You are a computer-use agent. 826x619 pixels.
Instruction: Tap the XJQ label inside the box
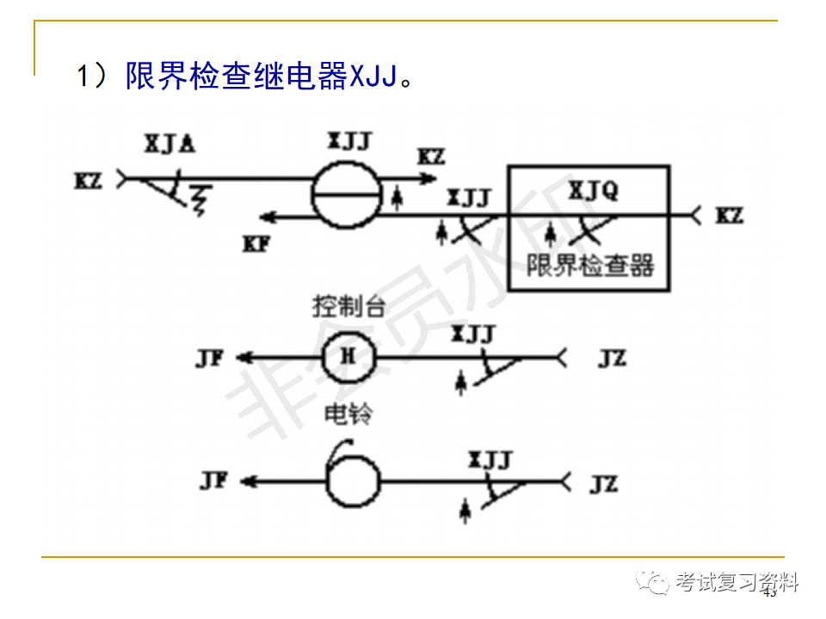(593, 191)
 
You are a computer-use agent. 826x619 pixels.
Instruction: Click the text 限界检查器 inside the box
(590, 264)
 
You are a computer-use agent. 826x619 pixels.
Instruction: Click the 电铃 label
(348, 414)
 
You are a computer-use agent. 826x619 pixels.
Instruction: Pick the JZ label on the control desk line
(612, 358)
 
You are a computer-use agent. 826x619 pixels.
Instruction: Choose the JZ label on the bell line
(604, 483)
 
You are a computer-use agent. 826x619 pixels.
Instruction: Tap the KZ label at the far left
(89, 181)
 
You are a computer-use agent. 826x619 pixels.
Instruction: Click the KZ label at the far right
(730, 215)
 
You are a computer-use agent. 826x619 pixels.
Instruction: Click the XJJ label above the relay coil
(349, 141)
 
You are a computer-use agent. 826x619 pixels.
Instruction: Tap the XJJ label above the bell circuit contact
(490, 459)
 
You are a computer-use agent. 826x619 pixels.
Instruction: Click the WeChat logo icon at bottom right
(656, 584)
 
